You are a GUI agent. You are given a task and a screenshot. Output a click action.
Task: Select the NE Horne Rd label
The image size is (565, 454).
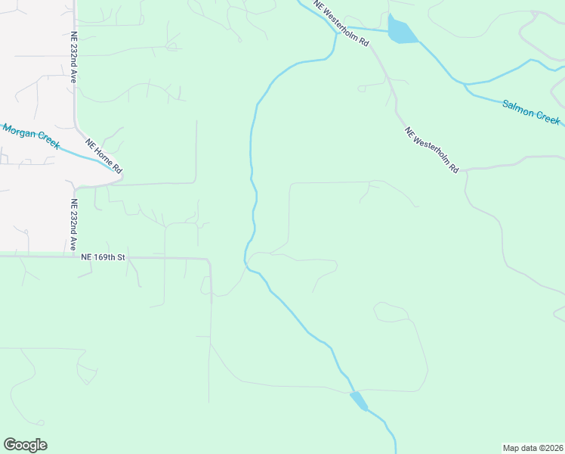[103, 156]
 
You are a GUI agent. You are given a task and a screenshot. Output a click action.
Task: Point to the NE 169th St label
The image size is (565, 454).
[103, 257]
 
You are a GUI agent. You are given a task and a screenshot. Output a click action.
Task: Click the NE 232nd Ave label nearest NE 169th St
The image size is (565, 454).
[74, 225]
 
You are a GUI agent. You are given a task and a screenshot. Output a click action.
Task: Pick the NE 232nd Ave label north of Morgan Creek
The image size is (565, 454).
[74, 57]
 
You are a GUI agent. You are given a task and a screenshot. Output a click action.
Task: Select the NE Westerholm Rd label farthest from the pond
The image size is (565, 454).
[431, 151]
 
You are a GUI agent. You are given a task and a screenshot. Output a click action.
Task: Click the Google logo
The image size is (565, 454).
[25, 445]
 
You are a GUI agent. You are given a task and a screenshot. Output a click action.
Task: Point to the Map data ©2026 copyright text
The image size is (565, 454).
[533, 447]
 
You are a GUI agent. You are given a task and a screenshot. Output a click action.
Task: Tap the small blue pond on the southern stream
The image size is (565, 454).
[359, 400]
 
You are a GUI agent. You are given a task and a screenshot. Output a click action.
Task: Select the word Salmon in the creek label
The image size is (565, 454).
[518, 107]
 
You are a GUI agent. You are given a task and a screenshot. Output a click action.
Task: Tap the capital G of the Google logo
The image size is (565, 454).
[9, 444]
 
